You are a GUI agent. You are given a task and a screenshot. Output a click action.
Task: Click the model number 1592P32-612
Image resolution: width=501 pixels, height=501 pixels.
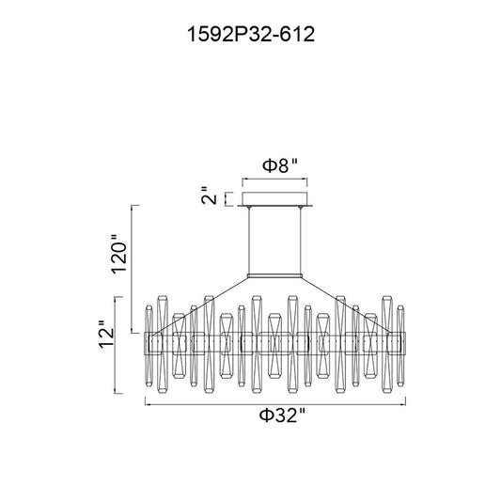click(251, 34)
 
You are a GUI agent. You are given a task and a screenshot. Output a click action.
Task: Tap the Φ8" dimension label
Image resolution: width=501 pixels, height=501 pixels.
click(280, 165)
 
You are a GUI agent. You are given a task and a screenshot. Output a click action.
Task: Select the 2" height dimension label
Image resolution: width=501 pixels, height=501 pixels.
click(210, 196)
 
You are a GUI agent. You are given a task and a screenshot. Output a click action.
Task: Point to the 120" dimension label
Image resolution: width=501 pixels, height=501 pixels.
click(118, 254)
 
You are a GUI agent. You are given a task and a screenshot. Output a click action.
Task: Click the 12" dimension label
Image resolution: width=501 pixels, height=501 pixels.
click(106, 334)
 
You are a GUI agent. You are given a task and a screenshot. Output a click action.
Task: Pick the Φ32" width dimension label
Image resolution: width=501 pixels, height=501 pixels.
click(282, 415)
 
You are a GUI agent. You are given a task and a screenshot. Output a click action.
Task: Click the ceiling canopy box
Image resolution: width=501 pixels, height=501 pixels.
click(274, 198)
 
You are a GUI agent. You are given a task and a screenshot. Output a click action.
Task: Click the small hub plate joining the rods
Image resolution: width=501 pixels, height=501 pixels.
click(274, 275)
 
